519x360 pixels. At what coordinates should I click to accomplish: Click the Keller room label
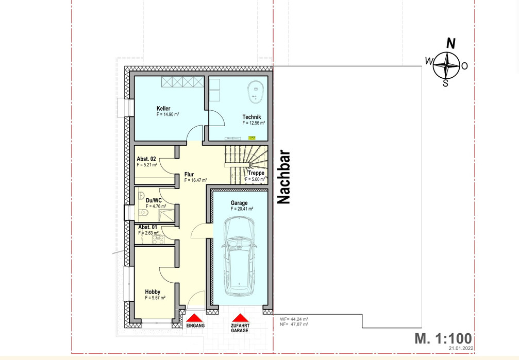pyautogui.click(x=163, y=109)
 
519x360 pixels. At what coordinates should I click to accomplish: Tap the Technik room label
pyautogui.click(x=252, y=117)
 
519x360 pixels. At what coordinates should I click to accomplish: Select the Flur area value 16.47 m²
pyautogui.click(x=196, y=180)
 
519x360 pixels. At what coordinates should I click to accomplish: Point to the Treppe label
pyautogui.click(x=256, y=173)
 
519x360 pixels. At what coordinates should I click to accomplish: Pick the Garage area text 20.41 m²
pyautogui.click(x=242, y=209)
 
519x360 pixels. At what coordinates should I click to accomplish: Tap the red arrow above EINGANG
pyautogui.click(x=195, y=318)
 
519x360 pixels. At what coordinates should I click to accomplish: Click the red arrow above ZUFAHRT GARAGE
pyautogui.click(x=240, y=318)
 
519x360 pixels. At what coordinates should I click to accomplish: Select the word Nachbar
pyautogui.click(x=283, y=177)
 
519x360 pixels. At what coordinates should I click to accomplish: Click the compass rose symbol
pyautogui.click(x=446, y=65)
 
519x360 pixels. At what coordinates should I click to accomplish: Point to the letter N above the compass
pyautogui.click(x=451, y=44)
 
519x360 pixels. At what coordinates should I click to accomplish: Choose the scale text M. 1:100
pyautogui.click(x=443, y=338)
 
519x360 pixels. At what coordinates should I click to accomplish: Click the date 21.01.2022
pyautogui.click(x=461, y=348)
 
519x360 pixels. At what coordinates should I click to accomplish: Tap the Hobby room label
pyautogui.click(x=153, y=292)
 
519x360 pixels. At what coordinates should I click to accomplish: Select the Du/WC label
pyautogui.click(x=154, y=200)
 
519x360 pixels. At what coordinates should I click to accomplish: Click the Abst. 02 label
pyautogui.click(x=146, y=159)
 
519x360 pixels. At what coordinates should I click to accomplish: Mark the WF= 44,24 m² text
pyautogui.click(x=294, y=319)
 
